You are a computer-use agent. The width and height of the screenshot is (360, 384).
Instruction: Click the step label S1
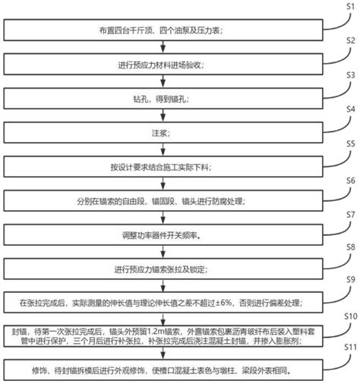tap(351, 7)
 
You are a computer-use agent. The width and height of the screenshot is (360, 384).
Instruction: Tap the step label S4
tap(351, 109)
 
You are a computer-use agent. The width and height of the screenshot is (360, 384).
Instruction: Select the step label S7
tap(351, 215)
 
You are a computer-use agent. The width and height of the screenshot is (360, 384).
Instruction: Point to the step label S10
tap(351, 316)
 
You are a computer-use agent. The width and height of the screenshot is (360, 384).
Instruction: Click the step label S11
tap(351, 348)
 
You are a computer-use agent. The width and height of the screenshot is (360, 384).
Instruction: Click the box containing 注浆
tap(163, 133)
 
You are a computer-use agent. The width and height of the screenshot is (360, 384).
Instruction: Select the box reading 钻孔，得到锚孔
tap(163, 99)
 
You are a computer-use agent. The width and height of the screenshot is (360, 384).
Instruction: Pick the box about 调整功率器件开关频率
tap(163, 234)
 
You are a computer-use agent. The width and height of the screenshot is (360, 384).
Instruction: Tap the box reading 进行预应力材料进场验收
tap(163, 65)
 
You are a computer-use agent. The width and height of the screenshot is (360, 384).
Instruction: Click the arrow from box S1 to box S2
tap(163, 47)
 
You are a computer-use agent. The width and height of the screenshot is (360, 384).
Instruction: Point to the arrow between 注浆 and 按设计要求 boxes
tap(163, 150)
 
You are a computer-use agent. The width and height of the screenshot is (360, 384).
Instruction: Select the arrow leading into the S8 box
tap(163, 252)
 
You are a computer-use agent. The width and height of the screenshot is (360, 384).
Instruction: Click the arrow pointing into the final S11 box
tap(163, 353)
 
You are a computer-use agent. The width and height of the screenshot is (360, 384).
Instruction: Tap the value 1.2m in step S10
tap(156, 331)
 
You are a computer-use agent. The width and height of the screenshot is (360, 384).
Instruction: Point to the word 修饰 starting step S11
tap(39, 370)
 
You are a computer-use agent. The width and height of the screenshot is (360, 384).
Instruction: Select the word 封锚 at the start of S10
tap(19, 332)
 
